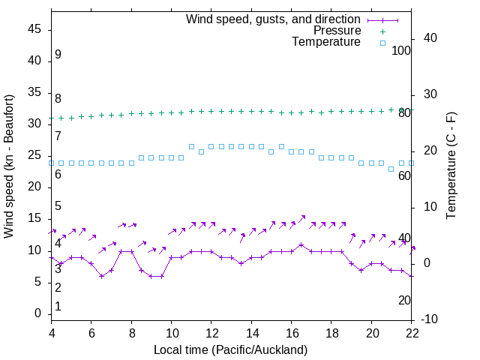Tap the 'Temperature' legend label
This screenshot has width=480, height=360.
pos(326,43)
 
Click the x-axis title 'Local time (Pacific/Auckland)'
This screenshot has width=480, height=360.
pos(230,349)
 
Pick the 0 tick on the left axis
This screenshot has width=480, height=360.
pos(38,313)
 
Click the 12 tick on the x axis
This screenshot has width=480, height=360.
pos(211,331)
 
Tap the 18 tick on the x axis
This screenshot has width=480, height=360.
pos(331,331)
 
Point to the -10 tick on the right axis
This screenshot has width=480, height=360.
pos(431,319)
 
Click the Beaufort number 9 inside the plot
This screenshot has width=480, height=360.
pos(58,55)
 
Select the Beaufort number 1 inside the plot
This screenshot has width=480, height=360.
pos(58,306)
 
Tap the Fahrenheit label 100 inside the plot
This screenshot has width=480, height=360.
pos(401,50)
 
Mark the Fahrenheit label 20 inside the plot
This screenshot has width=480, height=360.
pos(404,300)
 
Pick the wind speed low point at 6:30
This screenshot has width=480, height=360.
pos(101,276)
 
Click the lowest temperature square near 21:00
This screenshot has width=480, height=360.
pos(391,169)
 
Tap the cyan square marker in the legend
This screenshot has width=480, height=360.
pos(382,43)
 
